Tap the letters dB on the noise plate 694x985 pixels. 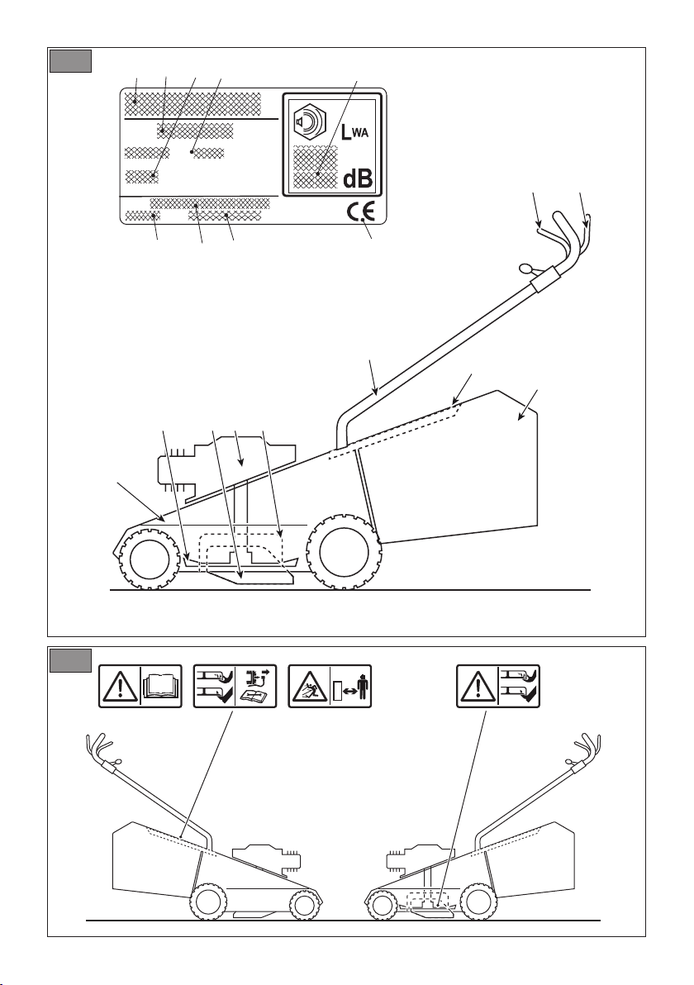(358, 179)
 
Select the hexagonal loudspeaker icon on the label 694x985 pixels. (310, 119)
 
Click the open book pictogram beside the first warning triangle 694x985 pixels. (161, 687)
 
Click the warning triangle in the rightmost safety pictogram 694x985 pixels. (478, 688)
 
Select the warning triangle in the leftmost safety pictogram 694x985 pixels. (119, 688)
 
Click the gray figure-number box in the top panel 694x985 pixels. (71, 61)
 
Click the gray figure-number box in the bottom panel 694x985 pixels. (71, 659)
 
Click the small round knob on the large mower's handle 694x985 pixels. (525, 269)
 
